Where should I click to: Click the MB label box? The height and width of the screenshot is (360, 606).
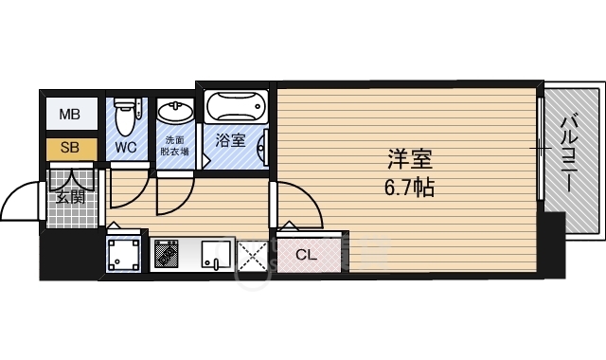[71, 116]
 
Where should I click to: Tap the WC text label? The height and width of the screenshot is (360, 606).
[126, 148]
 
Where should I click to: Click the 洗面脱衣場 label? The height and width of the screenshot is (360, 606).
[175, 145]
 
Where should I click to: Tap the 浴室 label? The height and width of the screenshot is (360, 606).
[230, 141]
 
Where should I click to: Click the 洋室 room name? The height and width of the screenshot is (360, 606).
[409, 157]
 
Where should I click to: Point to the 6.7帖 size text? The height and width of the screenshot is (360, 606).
[409, 187]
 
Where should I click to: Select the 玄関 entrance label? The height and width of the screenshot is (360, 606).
[70, 198]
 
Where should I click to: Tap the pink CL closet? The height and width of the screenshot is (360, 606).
[307, 254]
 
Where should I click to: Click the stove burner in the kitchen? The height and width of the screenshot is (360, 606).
[168, 254]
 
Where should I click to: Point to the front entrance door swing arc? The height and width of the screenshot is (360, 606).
[21, 198]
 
